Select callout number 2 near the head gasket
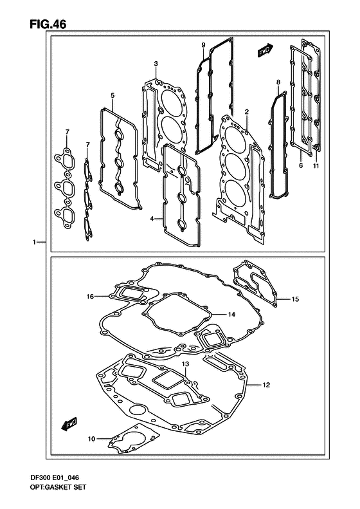point(246,112)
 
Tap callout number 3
point(156,63)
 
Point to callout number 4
point(153,219)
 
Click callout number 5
point(112,96)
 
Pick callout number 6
point(300,165)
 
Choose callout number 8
point(278,82)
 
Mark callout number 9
point(203,44)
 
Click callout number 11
point(316,165)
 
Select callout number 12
point(265,385)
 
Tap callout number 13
point(184,364)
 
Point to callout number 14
point(232,314)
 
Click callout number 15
point(296,299)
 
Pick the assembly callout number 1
point(32,243)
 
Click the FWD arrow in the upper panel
point(264,50)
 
